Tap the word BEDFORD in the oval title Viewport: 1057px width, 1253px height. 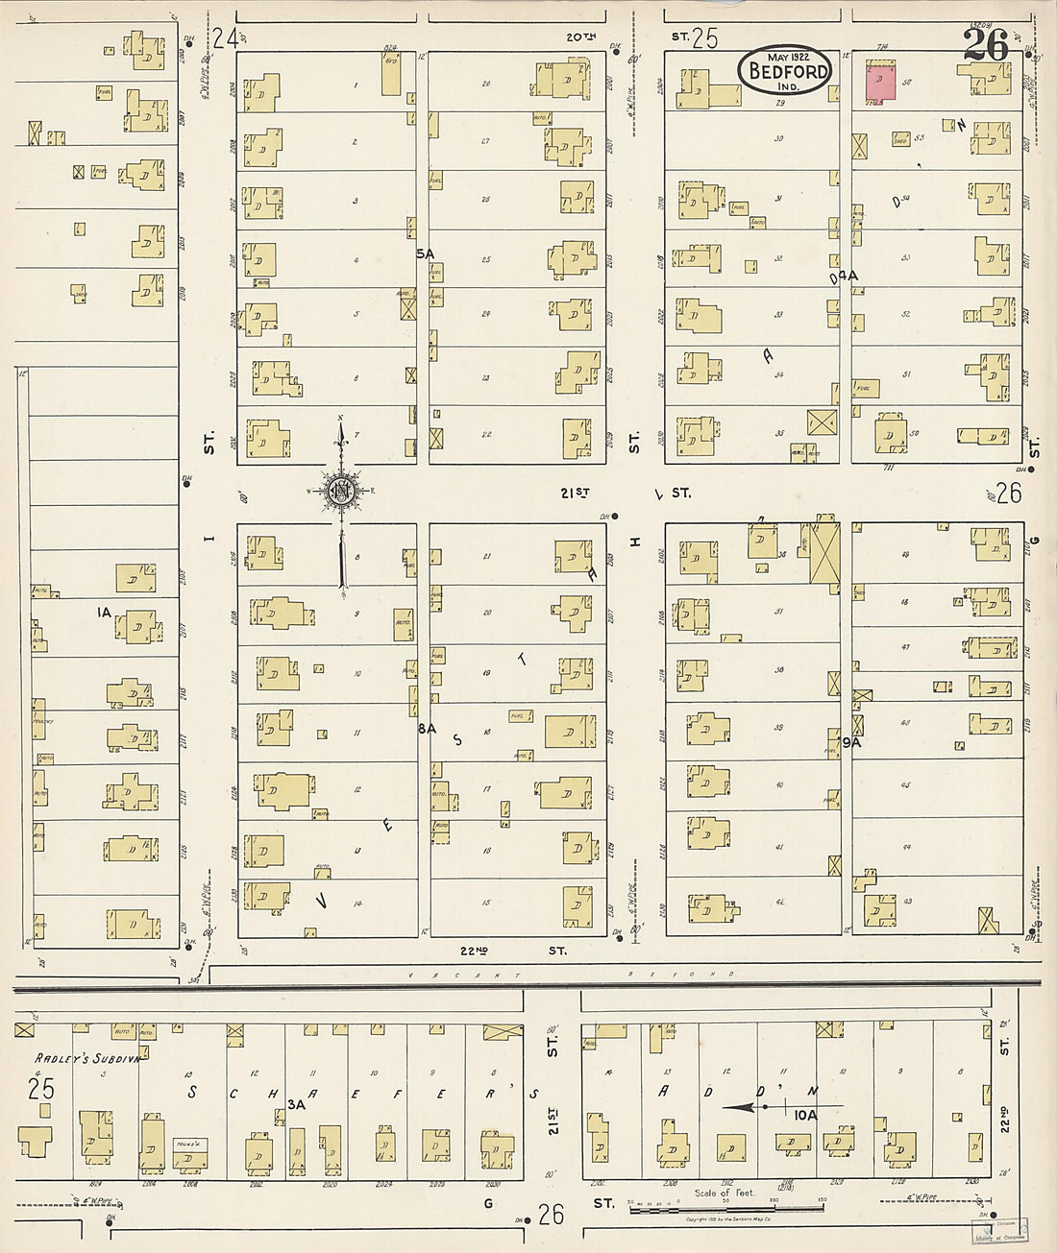783,71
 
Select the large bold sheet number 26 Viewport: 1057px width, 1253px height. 986,45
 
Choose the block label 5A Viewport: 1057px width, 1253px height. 426,253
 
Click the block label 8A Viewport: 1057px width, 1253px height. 427,729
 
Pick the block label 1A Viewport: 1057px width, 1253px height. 104,611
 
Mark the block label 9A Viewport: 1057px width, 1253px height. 851,742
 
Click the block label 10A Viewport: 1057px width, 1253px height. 805,1115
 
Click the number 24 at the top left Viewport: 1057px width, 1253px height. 225,38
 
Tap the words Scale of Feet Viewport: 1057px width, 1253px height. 725,1193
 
